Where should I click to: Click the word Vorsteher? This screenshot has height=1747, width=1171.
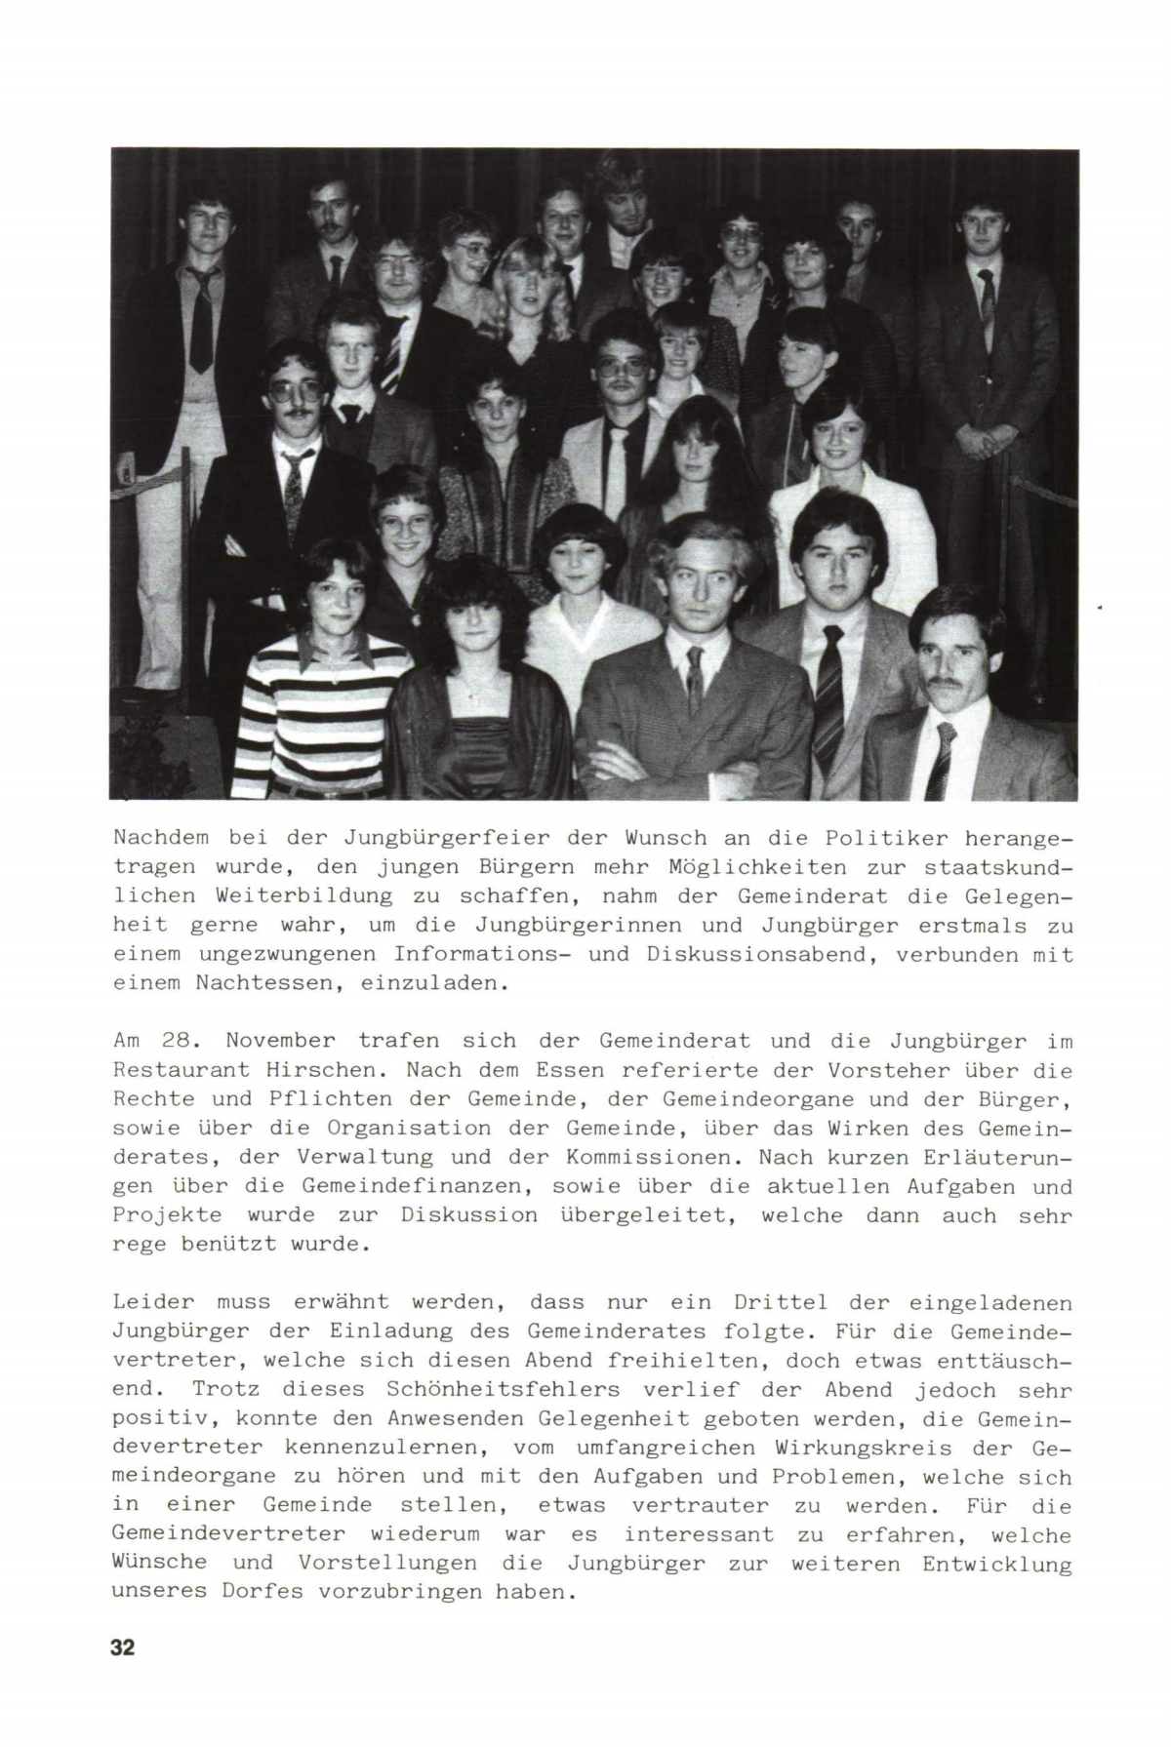click(890, 1070)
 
